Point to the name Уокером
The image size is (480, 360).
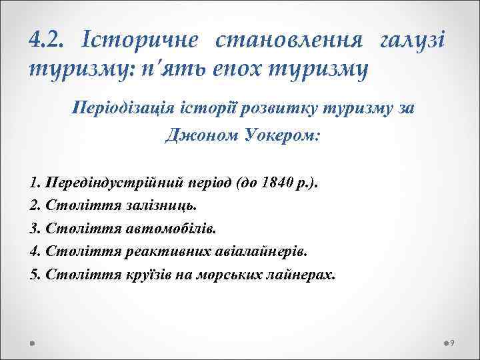click(x=279, y=136)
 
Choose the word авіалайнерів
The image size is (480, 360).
click(x=262, y=252)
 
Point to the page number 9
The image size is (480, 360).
click(x=453, y=343)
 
